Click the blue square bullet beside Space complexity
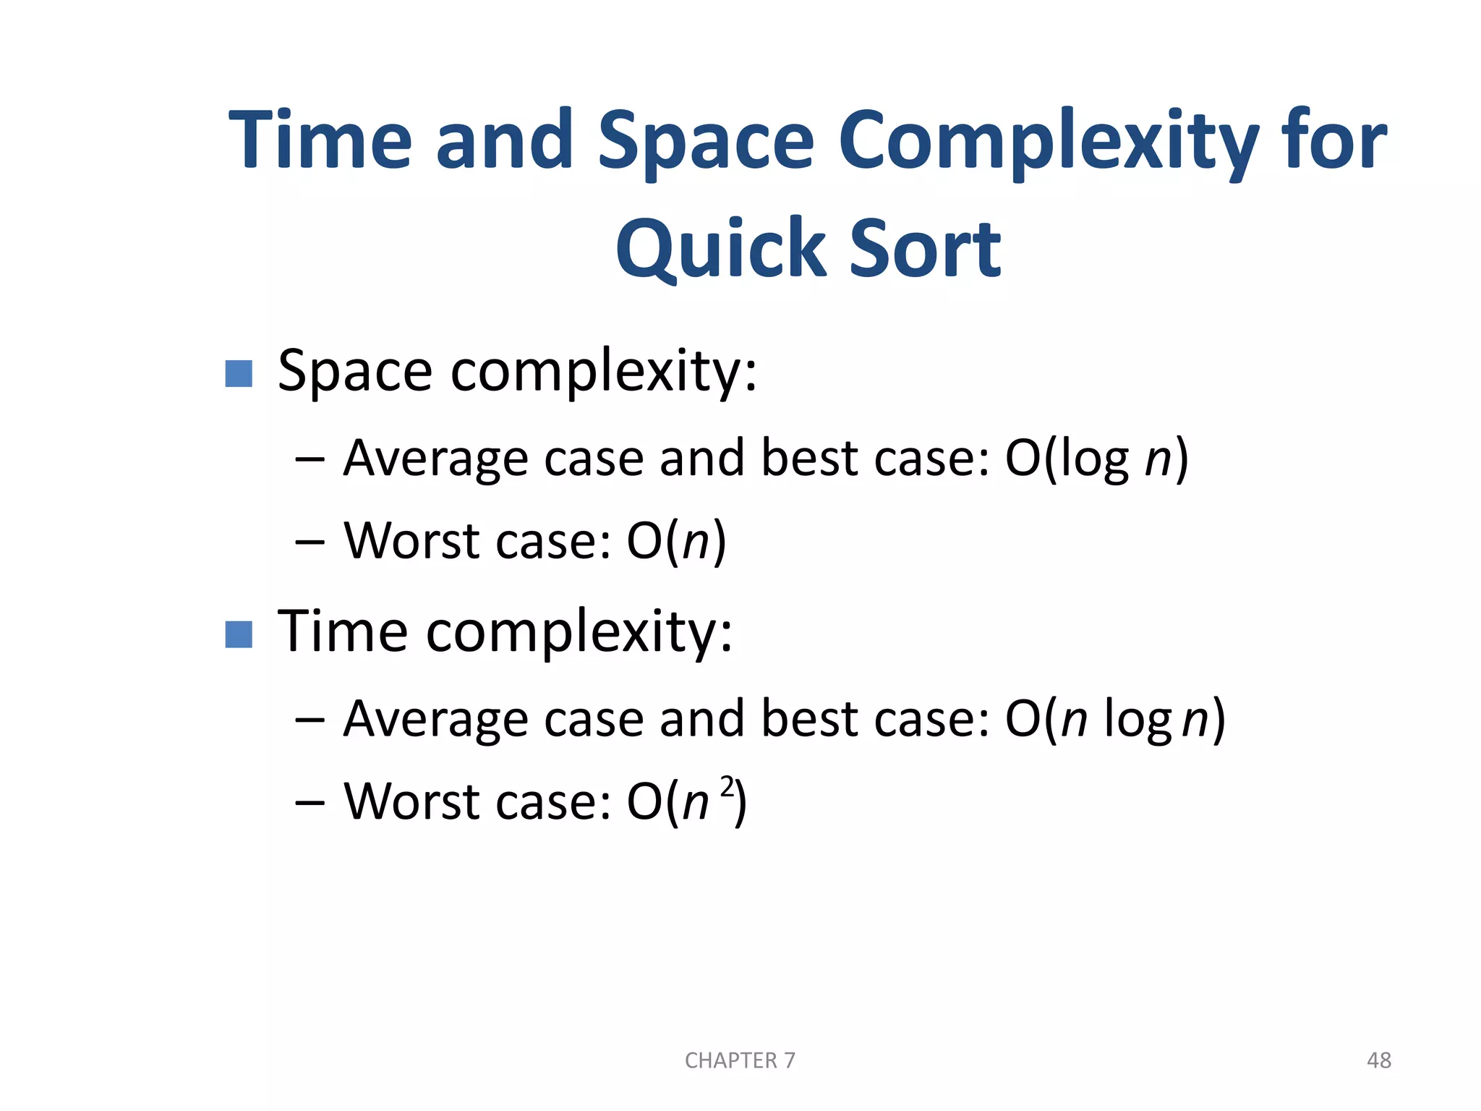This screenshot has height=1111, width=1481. click(x=239, y=374)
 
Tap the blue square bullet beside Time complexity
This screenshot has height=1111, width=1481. click(x=239, y=634)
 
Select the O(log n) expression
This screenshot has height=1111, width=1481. click(x=1096, y=459)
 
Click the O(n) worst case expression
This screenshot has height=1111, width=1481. click(x=676, y=541)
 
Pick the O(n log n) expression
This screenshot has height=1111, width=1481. click(x=1114, y=719)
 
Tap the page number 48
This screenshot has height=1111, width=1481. click(x=1378, y=1060)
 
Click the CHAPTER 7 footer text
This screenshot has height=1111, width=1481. click(x=740, y=1060)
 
